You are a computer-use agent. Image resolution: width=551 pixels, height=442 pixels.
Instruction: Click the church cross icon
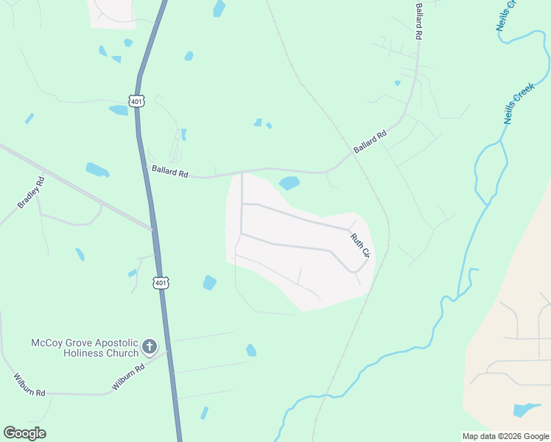pyautogui.click(x=149, y=347)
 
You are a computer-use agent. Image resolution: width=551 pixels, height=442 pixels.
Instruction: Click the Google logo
pyautogui.click(x=24, y=433)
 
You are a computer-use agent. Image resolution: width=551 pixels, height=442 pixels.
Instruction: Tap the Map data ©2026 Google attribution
pyautogui.click(x=505, y=436)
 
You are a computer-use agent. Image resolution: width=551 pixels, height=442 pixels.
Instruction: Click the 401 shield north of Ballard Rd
pyautogui.click(x=136, y=101)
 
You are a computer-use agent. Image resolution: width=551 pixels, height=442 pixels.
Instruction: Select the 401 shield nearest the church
pyautogui.click(x=161, y=282)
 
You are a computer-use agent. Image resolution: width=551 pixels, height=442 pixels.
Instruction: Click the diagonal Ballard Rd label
pyautogui.click(x=370, y=142)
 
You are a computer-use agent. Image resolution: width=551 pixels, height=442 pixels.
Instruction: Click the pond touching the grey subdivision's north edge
pyautogui.click(x=289, y=183)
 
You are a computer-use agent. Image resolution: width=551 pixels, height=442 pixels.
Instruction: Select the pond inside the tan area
pyautogui.click(x=526, y=410)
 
